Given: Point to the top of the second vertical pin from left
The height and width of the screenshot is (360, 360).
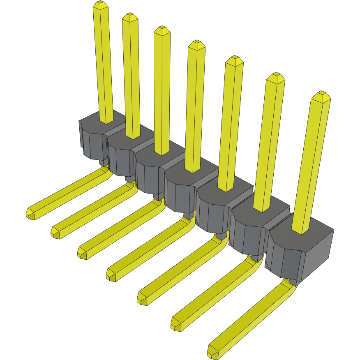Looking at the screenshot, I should [130, 17].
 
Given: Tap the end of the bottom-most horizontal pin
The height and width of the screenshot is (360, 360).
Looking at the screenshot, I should [212, 352].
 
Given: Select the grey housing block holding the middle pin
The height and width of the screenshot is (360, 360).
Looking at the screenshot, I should [181, 185].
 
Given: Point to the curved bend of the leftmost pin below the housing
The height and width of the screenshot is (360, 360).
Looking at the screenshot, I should [107, 171].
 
